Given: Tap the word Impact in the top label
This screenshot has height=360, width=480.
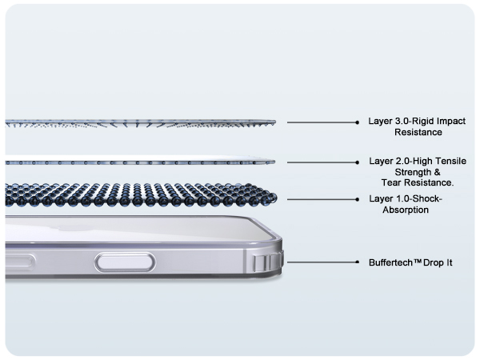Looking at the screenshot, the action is [x=451, y=122].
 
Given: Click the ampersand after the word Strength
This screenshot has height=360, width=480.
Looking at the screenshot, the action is [x=437, y=172].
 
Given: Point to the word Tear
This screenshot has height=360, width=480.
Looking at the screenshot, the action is [x=390, y=182].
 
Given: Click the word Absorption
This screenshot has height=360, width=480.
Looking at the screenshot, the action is [x=406, y=210].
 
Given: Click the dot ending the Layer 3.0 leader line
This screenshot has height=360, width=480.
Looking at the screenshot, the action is [x=358, y=122].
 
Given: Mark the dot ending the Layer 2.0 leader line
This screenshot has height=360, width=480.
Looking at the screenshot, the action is [x=358, y=162].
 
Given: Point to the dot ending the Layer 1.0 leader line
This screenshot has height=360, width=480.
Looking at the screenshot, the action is [x=358, y=199].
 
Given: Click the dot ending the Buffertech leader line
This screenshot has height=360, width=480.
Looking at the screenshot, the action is [x=358, y=262].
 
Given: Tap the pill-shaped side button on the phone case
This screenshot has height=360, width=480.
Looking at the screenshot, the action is [x=125, y=262].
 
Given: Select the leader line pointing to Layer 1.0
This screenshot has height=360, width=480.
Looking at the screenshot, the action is [x=322, y=199].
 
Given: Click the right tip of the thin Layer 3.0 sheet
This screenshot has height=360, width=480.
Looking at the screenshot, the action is [x=275, y=122].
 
